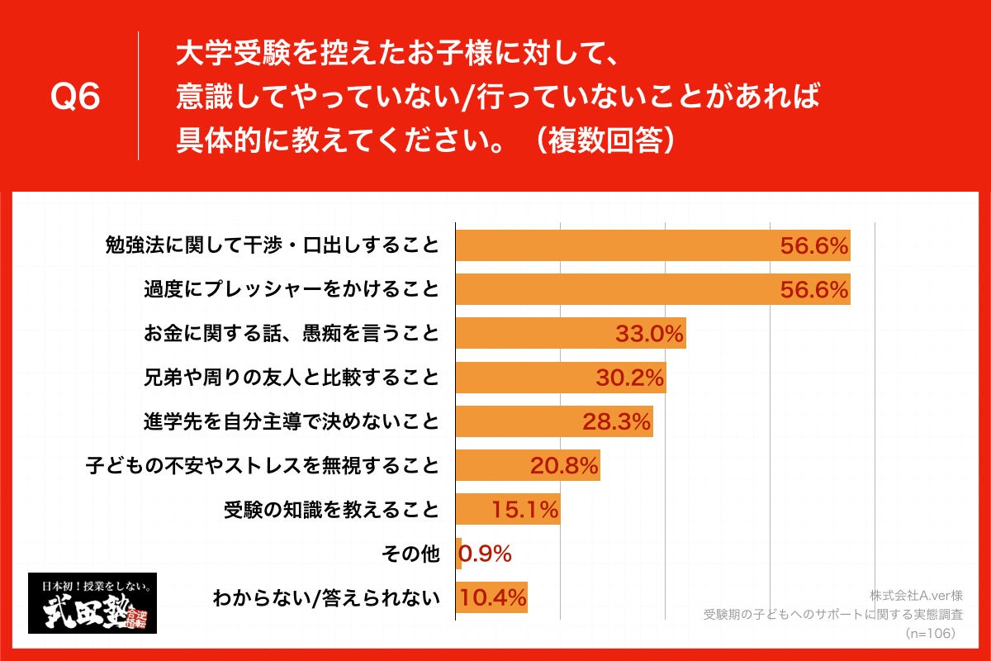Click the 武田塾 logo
click(x=92, y=603)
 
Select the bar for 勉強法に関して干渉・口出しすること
click(x=652, y=246)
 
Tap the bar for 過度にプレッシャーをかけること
click(x=652, y=290)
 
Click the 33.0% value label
click(x=649, y=334)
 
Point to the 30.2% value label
click(x=630, y=378)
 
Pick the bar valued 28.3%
click(x=554, y=421)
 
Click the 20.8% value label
click(x=564, y=465)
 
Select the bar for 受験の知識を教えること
click(x=508, y=509)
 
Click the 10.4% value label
click(x=494, y=597)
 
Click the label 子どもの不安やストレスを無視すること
click(x=262, y=465)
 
